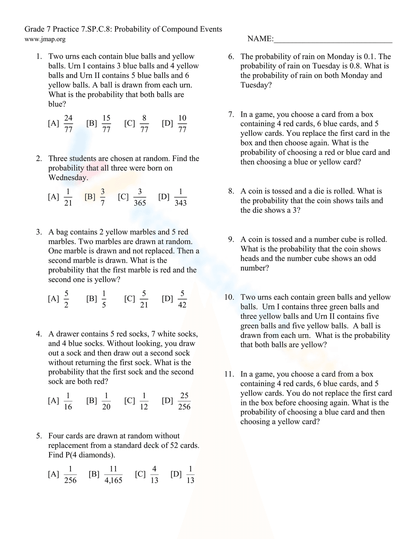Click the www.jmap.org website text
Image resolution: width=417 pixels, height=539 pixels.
[45, 39]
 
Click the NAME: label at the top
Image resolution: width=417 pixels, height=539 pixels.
[260, 39]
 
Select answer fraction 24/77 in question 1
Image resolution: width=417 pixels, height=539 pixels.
[68, 124]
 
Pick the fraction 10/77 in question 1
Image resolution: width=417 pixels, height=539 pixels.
[182, 124]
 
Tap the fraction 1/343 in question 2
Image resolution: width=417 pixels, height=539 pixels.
[181, 197]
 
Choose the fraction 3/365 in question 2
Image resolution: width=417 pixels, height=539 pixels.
[140, 197]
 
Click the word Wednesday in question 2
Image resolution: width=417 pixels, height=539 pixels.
[68, 177]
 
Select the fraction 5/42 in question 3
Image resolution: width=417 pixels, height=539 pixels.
[182, 299]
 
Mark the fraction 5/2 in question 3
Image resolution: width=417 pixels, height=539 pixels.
[66, 299]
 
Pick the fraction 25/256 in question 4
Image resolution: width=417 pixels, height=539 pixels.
[184, 401]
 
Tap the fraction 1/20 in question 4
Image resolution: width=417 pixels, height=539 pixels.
[106, 401]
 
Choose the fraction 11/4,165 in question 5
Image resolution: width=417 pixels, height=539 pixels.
[113, 474]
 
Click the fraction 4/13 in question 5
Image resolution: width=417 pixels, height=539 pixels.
[154, 474]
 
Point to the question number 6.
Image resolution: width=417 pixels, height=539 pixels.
[231, 57]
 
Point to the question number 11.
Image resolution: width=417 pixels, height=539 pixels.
[229, 374]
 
